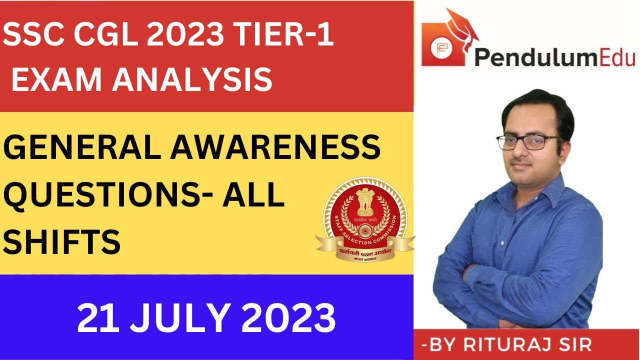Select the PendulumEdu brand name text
tap(554, 57)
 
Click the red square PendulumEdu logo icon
tap(439, 48)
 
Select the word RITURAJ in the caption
tap(522, 345)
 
